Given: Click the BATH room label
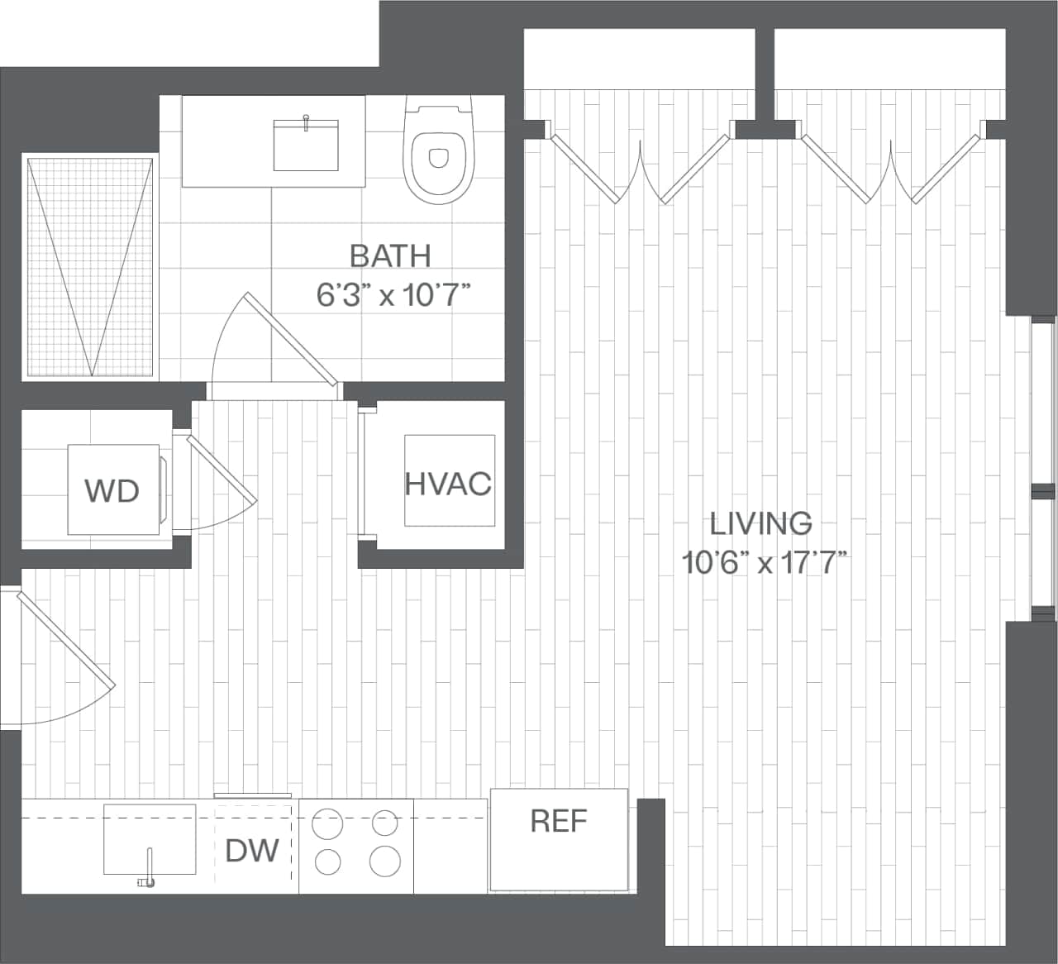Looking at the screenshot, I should (390, 255).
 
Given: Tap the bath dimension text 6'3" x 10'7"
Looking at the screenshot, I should (393, 294).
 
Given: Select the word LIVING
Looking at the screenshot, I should (761, 523).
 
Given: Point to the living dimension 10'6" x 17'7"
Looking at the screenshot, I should (765, 563).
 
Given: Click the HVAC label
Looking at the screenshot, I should (448, 483).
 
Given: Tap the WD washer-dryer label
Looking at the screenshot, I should (112, 491).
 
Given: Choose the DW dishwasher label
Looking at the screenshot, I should (252, 850).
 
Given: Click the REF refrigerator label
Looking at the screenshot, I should (559, 821).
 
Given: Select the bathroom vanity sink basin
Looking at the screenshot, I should (306, 145).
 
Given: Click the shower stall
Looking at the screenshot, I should (89, 266).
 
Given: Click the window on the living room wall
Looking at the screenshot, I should (1043, 468).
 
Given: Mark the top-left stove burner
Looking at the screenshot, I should (327, 823).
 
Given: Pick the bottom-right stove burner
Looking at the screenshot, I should (385, 861).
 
